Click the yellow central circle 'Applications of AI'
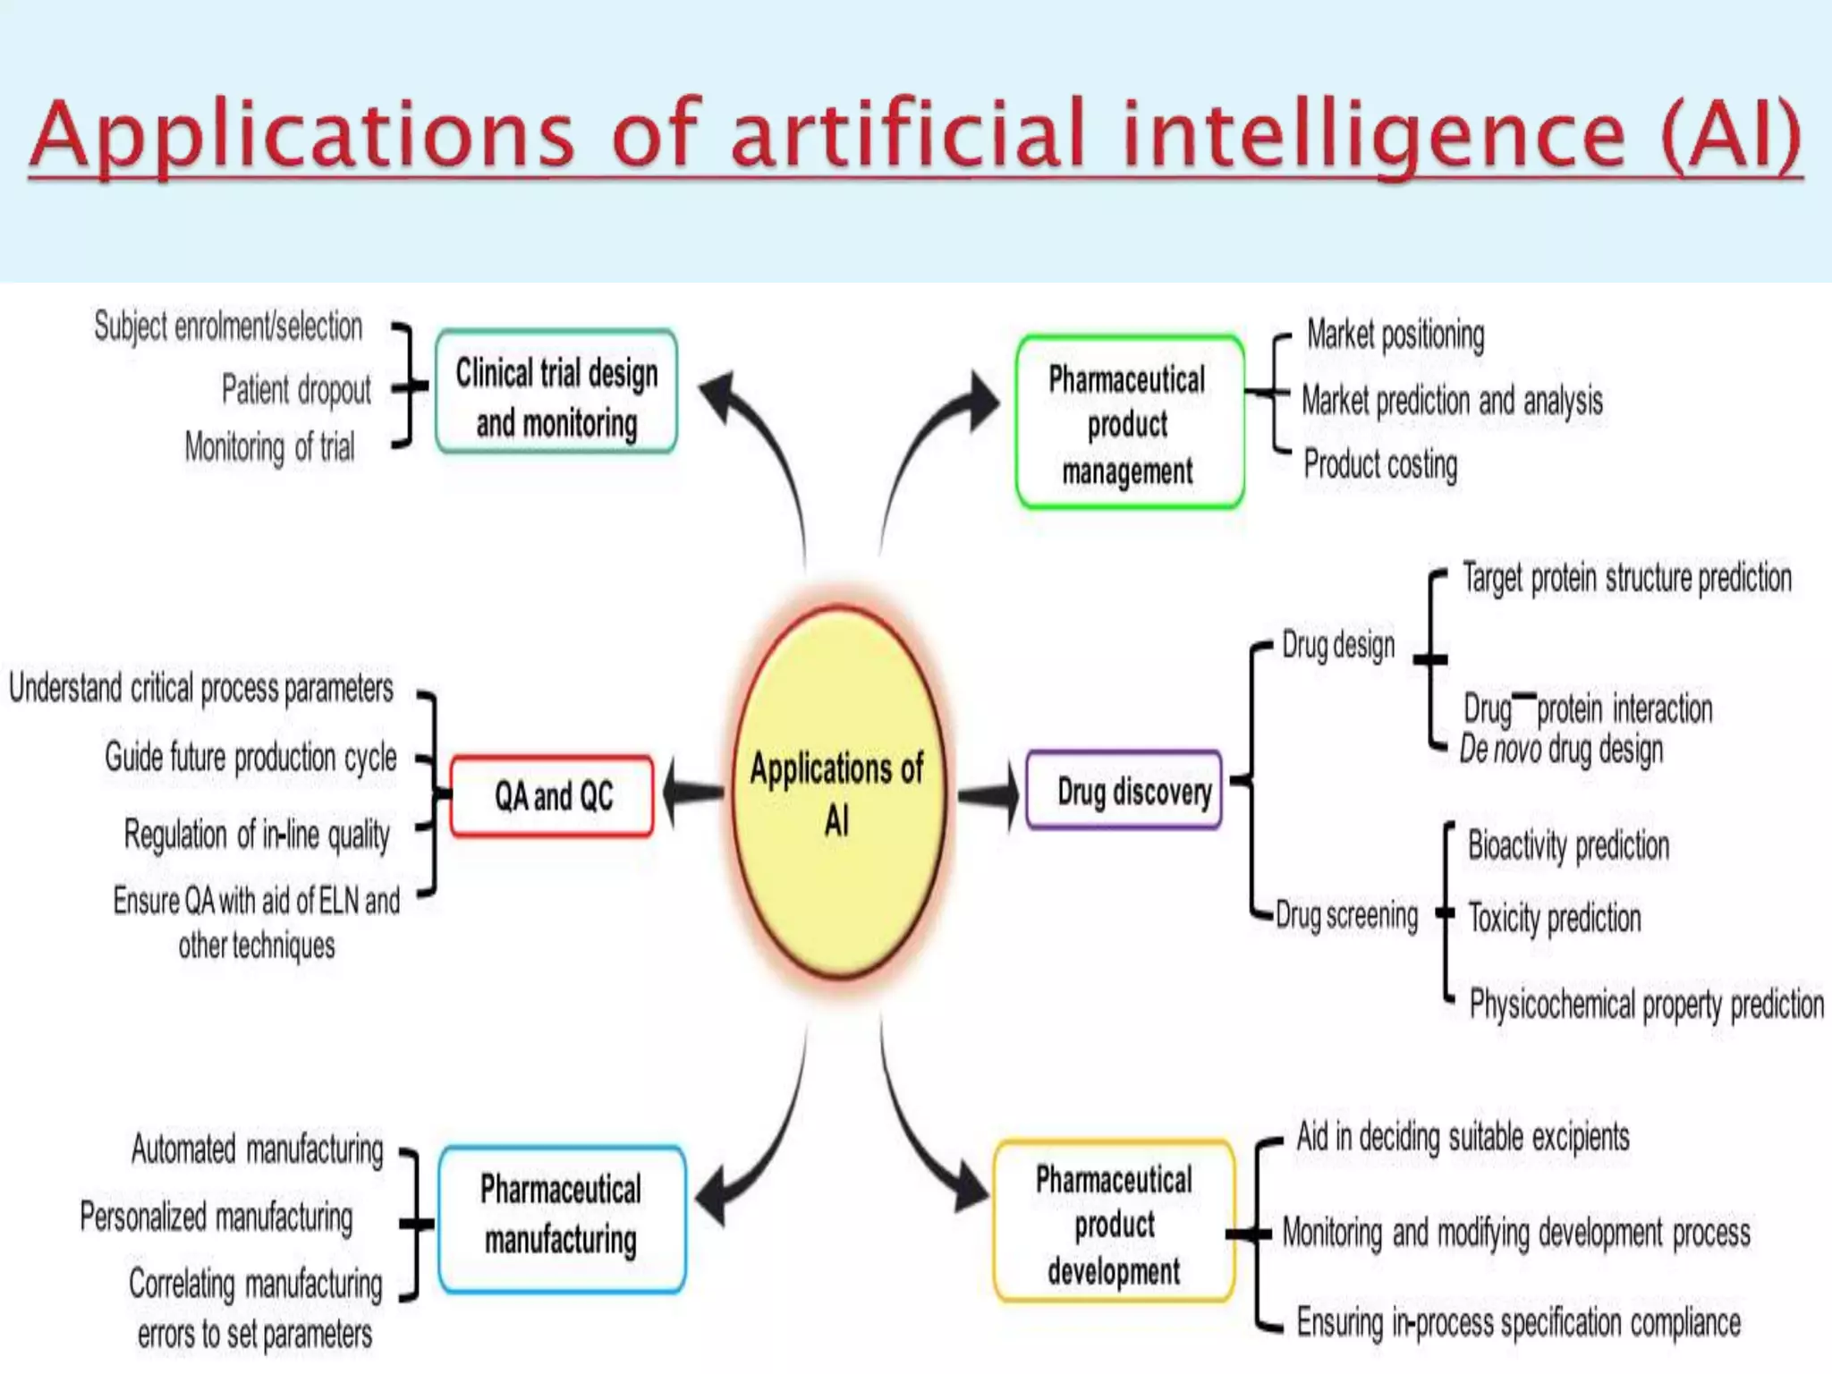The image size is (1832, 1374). point(838,793)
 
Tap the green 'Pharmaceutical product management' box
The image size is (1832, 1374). point(1129,422)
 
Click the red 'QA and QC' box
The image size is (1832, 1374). point(553,796)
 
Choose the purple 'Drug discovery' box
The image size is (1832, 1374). point(1125,791)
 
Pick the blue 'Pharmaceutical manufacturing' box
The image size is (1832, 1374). point(562,1218)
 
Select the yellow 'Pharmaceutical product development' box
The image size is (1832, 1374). point(1115,1222)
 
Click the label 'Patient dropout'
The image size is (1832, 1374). point(296,390)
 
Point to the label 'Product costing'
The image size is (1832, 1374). point(1380,464)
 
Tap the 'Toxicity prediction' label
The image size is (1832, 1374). point(1555,918)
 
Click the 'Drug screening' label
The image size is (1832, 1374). point(1347,915)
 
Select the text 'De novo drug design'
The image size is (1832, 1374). point(1562,750)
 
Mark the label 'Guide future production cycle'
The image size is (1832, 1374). point(250,758)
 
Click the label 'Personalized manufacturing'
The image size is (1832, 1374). point(216,1217)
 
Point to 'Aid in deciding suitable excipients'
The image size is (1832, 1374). point(1463,1138)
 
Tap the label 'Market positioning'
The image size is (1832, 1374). point(1395,335)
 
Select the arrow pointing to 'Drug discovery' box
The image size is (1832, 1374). point(989,793)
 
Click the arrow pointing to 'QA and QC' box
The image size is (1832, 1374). point(692,793)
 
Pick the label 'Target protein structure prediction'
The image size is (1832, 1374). point(1627,578)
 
